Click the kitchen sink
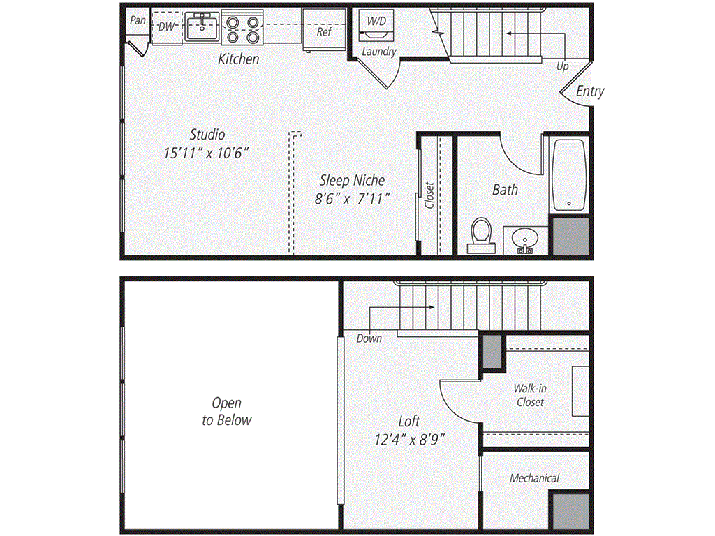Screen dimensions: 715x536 (202, 27)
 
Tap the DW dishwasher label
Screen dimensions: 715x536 (166, 27)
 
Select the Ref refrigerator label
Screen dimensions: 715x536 (324, 32)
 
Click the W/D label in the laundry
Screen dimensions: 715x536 (376, 21)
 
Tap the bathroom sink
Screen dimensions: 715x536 (525, 240)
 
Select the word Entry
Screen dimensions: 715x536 (589, 91)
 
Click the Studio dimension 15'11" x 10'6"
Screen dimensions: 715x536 (206, 153)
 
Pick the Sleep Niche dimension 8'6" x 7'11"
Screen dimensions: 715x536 (352, 199)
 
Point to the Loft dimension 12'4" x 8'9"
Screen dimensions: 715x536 (409, 440)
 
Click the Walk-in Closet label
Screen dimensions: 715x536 (530, 395)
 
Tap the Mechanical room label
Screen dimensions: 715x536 (534, 478)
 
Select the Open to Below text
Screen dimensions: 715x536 (227, 411)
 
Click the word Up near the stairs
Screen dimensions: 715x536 (562, 66)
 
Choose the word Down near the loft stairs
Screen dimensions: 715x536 (369, 338)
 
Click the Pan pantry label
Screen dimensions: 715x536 (138, 20)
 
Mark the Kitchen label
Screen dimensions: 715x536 (239, 59)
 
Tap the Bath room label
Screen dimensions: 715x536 (505, 190)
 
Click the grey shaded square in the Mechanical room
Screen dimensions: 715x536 (570, 511)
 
